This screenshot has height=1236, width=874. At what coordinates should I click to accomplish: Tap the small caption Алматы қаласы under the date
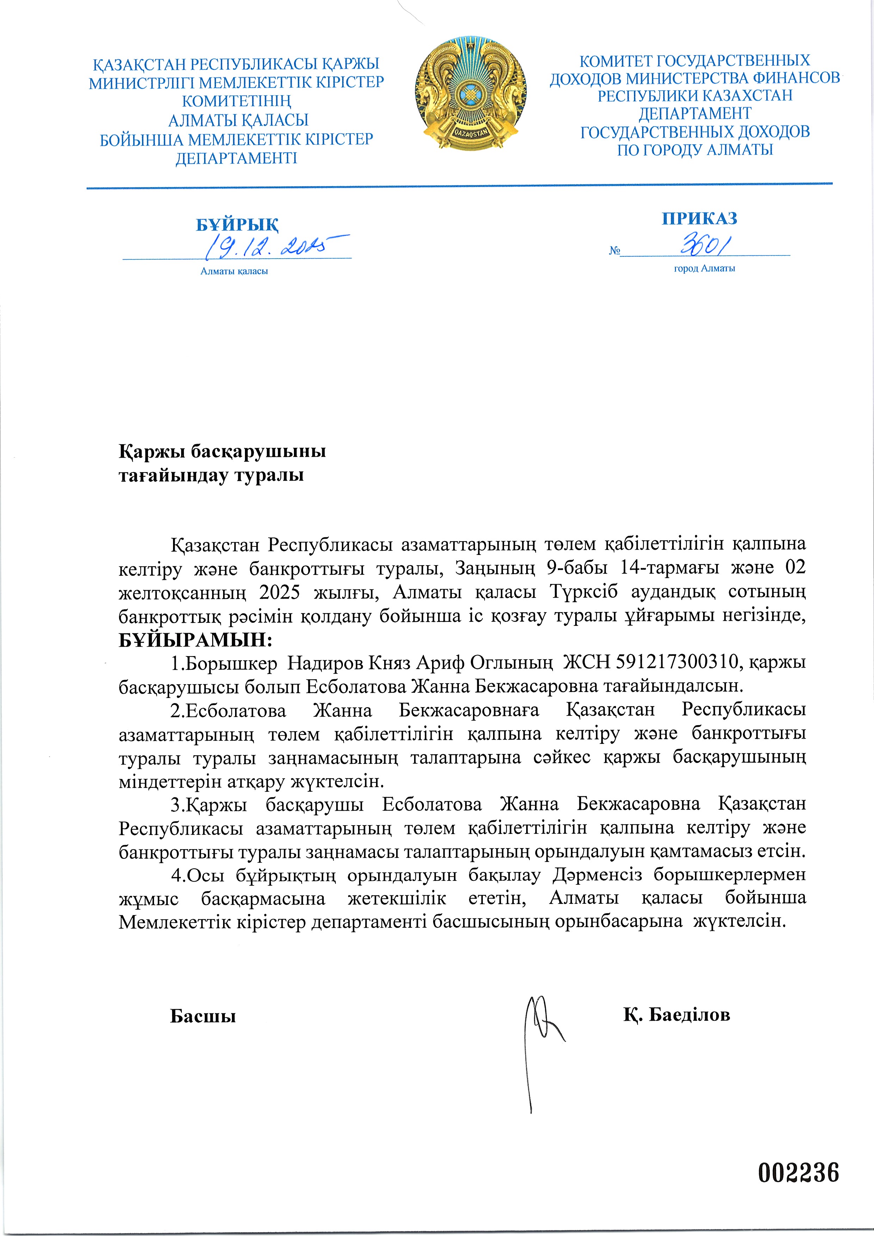click(234, 271)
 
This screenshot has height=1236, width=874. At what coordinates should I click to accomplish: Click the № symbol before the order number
click(614, 251)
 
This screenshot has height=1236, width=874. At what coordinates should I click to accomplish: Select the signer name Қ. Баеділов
click(677, 1015)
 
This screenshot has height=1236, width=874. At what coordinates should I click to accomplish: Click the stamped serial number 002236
click(799, 1173)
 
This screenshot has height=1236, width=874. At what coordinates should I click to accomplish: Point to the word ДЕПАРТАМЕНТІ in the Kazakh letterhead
click(236, 158)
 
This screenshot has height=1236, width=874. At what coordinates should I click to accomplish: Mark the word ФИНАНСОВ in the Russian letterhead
click(796, 78)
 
